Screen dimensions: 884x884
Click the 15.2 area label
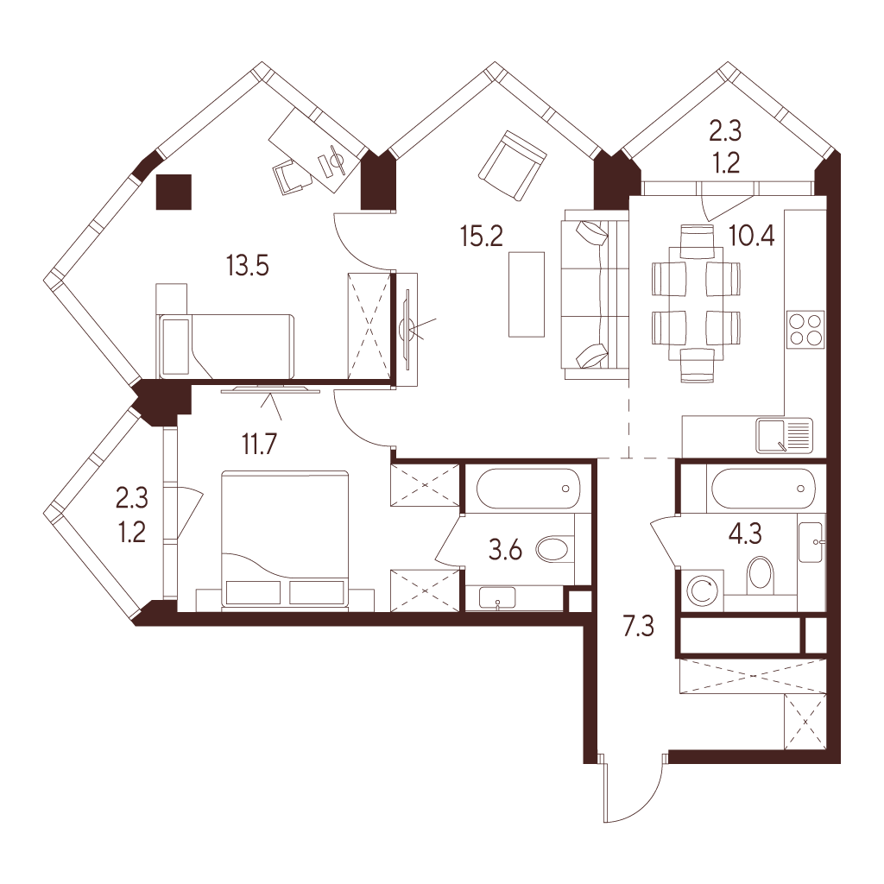point(482,236)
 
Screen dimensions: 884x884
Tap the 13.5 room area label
point(248,265)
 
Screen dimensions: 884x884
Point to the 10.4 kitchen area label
point(752,235)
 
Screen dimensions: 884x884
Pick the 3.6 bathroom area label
point(506,550)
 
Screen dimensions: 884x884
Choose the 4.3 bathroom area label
point(746,533)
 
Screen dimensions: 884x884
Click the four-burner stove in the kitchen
point(805,330)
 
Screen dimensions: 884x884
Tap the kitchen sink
point(784,436)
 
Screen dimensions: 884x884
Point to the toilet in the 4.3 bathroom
point(761,575)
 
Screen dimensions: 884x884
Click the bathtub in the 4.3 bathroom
point(764,489)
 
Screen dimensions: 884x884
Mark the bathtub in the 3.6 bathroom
point(527,489)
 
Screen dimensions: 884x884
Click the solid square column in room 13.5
point(174,192)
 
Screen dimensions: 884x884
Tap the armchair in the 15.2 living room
point(513,166)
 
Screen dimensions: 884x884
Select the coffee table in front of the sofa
point(527,294)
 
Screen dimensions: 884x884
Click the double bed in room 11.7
point(284,540)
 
